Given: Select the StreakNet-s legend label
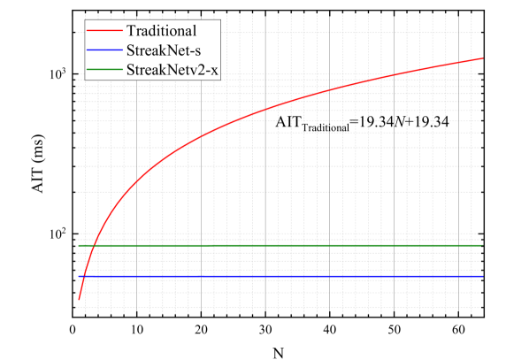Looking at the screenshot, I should pyautogui.click(x=163, y=50).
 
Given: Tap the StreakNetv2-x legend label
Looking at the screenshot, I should pyautogui.click(x=172, y=68).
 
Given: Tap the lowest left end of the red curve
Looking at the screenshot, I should pyautogui.click(x=79, y=300).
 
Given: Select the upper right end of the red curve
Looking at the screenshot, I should pyautogui.click(x=483, y=58).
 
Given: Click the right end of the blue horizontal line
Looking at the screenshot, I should pyautogui.click(x=483, y=277).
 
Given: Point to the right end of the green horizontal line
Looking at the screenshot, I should pyautogui.click(x=483, y=245).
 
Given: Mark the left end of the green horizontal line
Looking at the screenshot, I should pyautogui.click(x=78, y=245).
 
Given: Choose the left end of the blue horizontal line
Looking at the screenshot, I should pyautogui.click(x=78, y=277).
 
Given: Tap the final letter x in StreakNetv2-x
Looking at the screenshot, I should pyautogui.click(x=215, y=69).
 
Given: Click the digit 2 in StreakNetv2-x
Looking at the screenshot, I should pyautogui.click(x=202, y=68).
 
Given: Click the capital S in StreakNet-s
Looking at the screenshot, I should pyautogui.click(x=130, y=50).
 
